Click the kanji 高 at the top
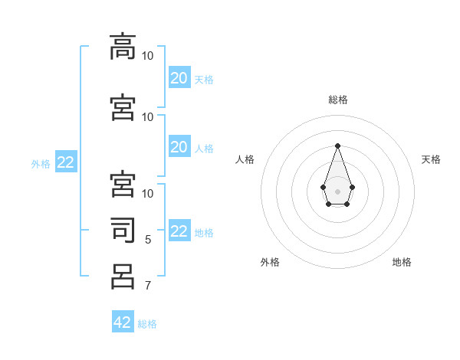pos(123,47)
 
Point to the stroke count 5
pos(148,240)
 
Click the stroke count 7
pos(148,286)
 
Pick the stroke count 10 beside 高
pos(148,56)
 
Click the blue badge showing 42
pos(123,322)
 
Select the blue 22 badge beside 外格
pos(65,162)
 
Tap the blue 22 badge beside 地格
pos(179,231)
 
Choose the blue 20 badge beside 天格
pos(179,78)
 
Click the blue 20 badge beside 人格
pos(179,147)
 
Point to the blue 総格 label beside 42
pos(147,324)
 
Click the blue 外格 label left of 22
pos(41,163)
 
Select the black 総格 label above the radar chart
pos(338,100)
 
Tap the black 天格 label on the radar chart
pos(432,159)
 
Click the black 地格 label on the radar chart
pos(402,262)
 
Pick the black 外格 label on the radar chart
pos(270,262)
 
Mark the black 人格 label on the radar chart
pos(245,159)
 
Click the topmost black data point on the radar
pos(337,145)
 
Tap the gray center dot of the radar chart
pos(337,190)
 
